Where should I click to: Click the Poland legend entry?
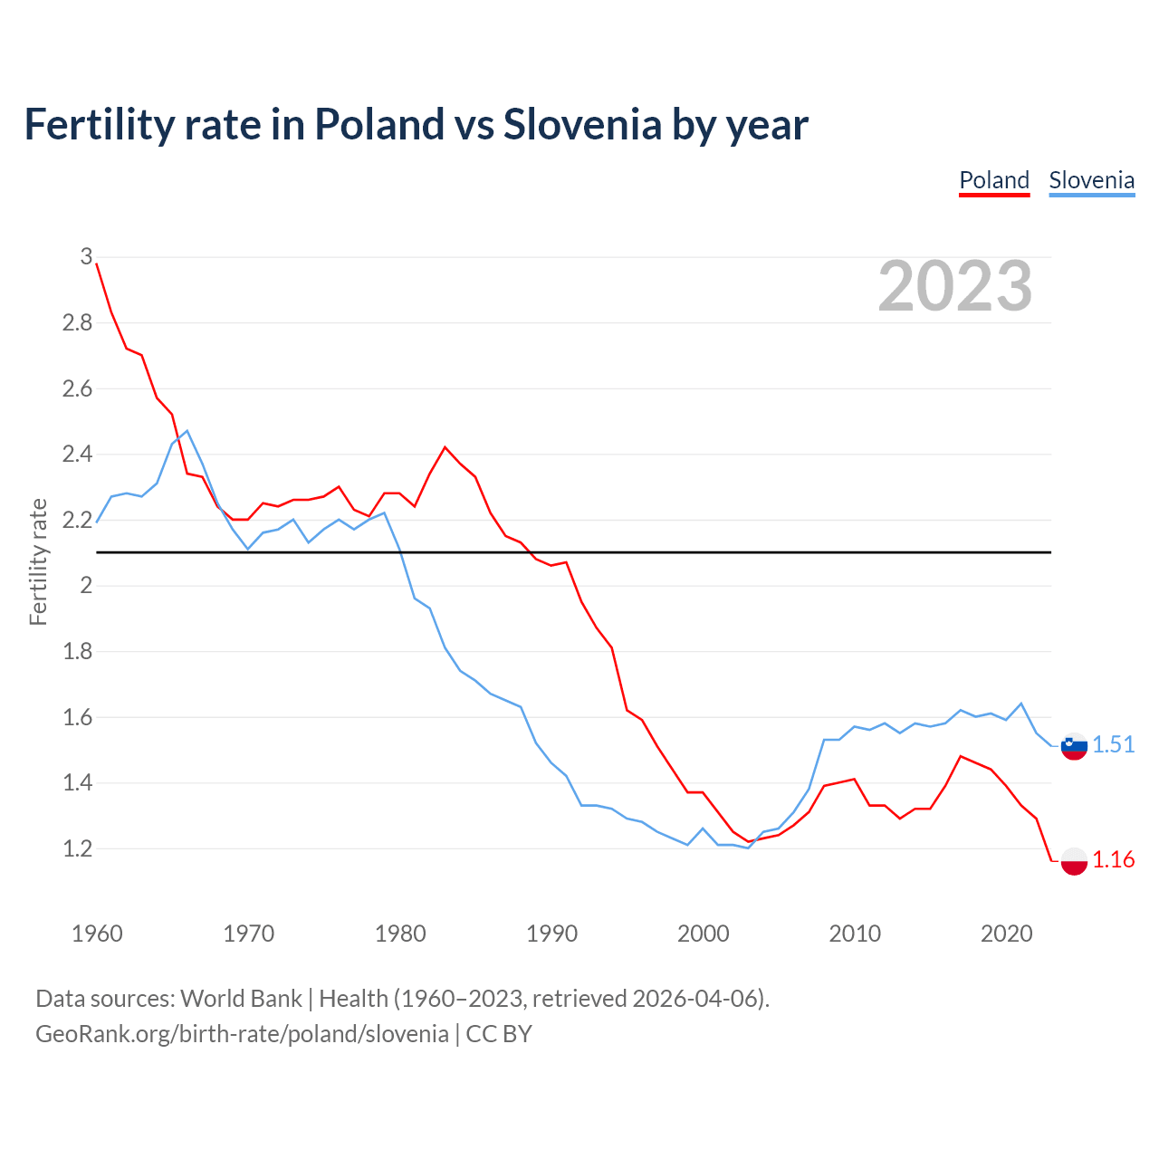pos(994,180)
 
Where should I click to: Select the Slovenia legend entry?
pos(1091,180)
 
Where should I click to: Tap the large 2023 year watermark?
pos(955,286)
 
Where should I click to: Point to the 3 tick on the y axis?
pos(86,256)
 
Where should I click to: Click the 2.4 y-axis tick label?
pos(78,454)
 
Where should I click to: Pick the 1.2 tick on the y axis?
pos(78,848)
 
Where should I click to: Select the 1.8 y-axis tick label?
pos(78,651)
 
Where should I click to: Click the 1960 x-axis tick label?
pos(97,934)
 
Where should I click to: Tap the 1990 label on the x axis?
pos(551,934)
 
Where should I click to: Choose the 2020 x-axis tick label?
pos(1006,934)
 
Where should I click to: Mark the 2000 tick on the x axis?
pos(703,934)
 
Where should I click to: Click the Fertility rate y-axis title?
pos(38,561)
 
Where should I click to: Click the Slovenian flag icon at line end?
pos(1074,746)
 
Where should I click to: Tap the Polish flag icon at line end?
pos(1074,860)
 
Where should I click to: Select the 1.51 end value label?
pos(1113,744)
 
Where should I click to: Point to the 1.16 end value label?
pos(1113,859)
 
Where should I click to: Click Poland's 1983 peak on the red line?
pos(445,447)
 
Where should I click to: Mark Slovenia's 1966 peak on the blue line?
pos(187,431)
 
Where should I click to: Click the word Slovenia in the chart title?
pos(582,124)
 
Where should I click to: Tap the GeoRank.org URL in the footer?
pos(242,1034)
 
